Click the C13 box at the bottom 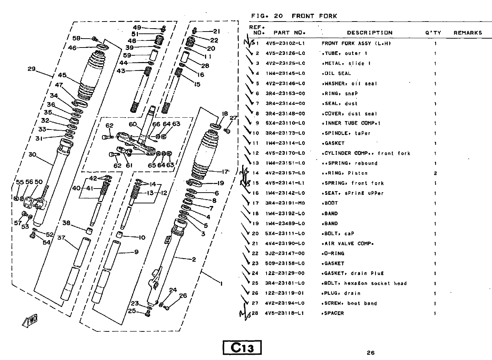(242, 348)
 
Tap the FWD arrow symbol (31, 321)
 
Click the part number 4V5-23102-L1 (285, 43)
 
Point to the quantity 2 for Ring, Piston (435, 173)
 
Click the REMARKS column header (468, 33)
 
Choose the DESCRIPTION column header (369, 33)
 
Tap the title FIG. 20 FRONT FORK (294, 16)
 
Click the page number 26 (371, 353)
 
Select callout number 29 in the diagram (32, 69)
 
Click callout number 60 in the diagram (133, 124)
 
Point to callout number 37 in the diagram (61, 238)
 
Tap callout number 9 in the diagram (136, 252)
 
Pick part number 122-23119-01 (285, 293)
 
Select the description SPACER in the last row (334, 313)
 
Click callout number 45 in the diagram (62, 75)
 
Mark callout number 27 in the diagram (233, 118)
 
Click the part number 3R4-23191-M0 (285, 203)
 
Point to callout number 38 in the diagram (66, 223)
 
